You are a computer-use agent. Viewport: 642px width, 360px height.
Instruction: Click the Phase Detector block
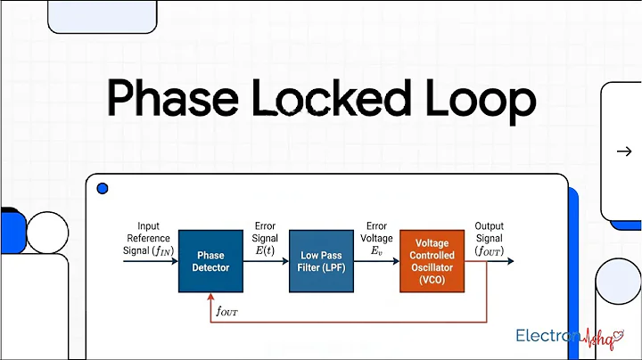[211, 261]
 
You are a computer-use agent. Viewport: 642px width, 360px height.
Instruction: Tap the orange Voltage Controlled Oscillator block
[432, 261]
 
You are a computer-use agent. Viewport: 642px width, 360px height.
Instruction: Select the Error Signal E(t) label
[266, 239]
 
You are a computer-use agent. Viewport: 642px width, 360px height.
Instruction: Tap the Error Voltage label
[376, 239]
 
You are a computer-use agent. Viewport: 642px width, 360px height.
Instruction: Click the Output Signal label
[489, 239]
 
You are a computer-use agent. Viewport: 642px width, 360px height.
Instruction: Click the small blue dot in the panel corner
[102, 189]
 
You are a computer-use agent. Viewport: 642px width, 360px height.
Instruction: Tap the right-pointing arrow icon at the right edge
[624, 151]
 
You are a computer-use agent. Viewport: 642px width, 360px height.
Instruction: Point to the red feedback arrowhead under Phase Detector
[211, 299]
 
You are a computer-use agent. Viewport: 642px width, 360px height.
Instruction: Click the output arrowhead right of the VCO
[520, 261]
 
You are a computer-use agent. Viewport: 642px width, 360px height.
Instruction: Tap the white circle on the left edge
[46, 233]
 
